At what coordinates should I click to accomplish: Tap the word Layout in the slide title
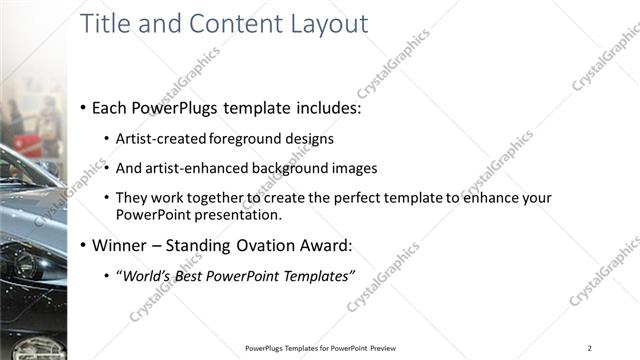tap(321, 23)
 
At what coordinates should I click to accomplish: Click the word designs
tap(309, 139)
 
